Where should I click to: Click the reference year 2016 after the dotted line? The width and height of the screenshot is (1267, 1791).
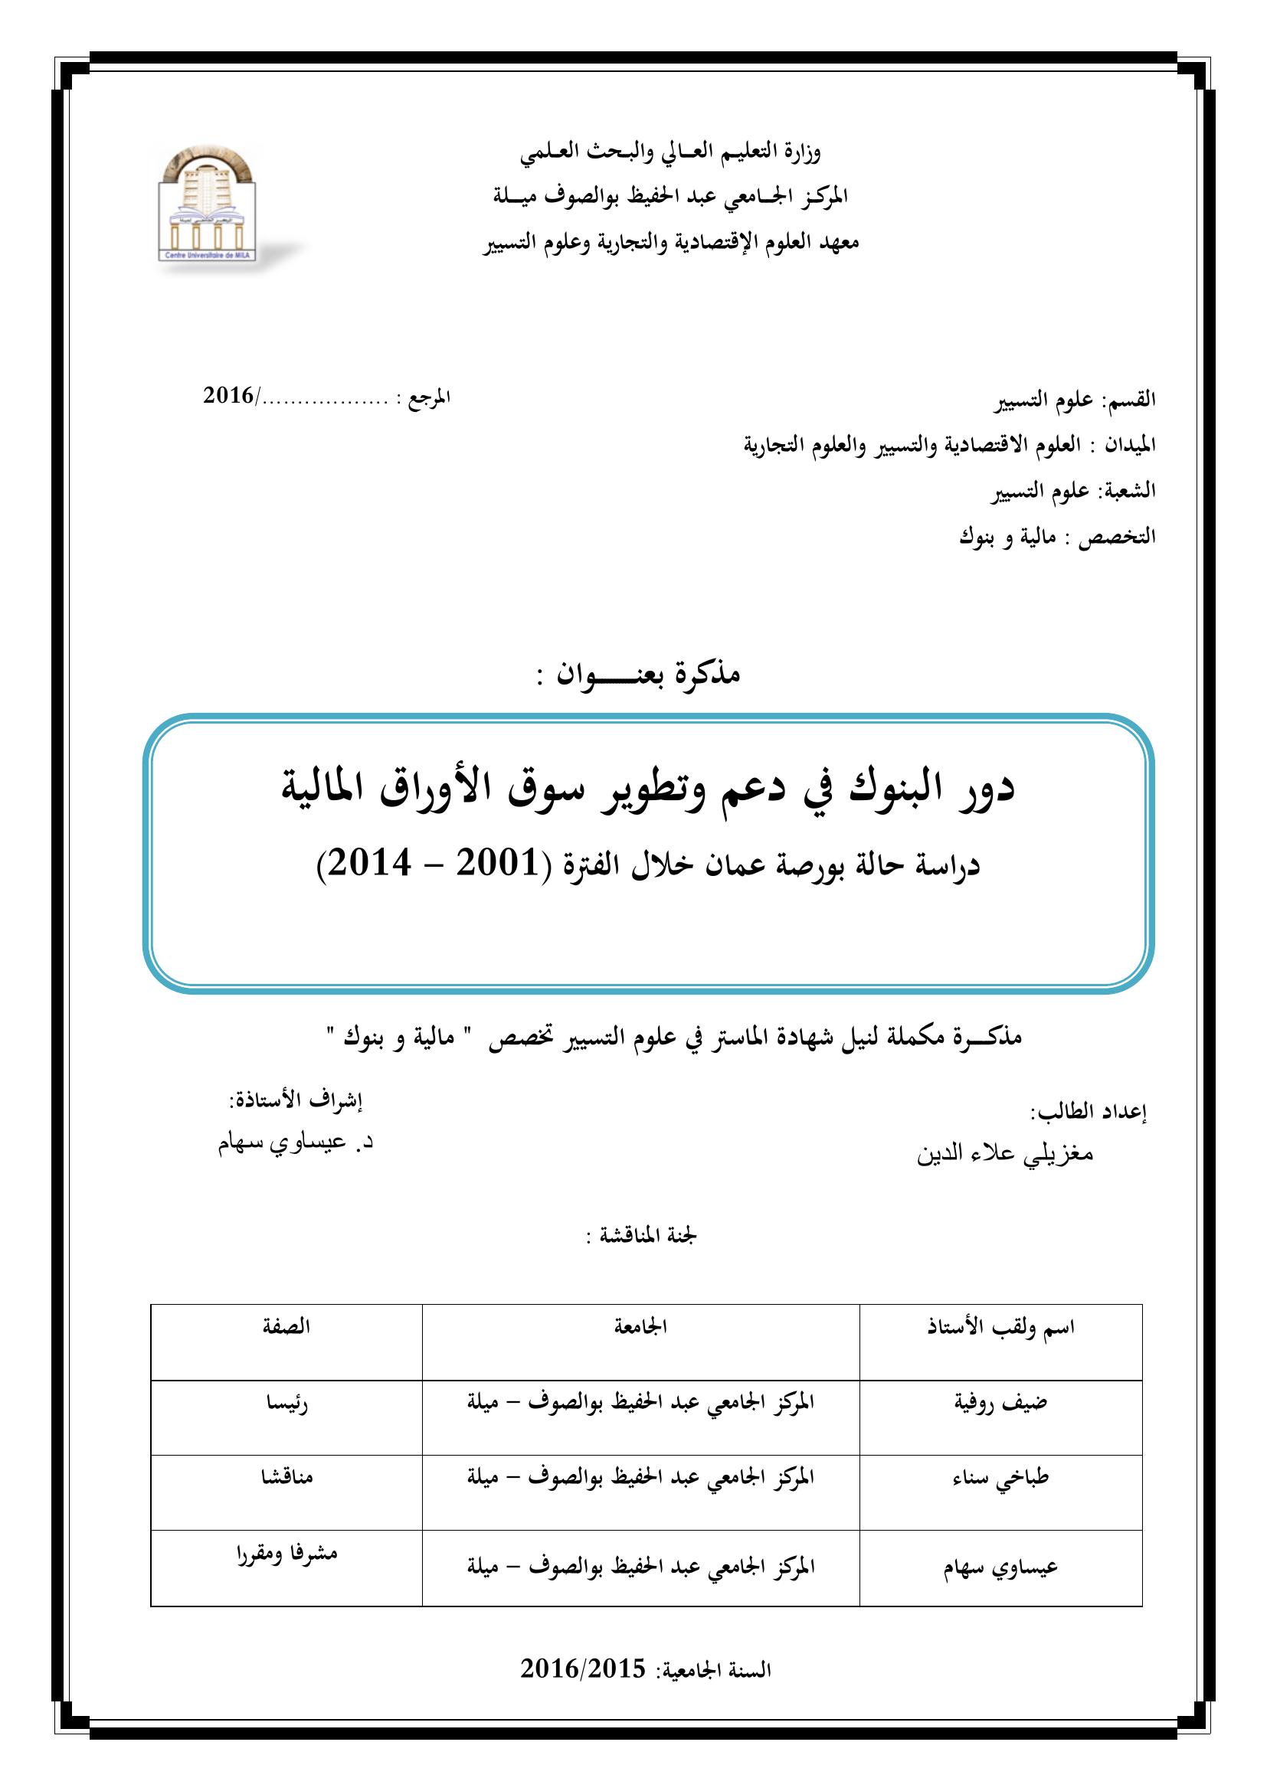228,397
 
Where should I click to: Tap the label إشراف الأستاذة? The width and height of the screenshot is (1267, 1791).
296,1100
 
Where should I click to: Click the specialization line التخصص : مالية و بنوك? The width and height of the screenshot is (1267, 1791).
1058,538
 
